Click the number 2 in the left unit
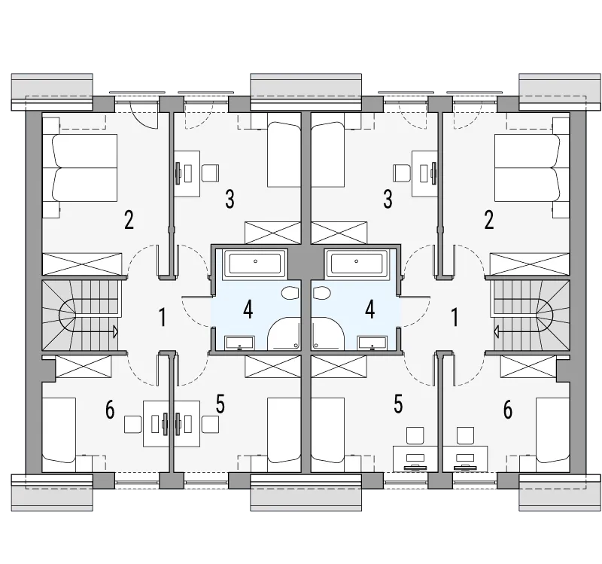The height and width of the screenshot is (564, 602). point(129,220)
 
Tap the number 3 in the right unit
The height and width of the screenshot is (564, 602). point(388,199)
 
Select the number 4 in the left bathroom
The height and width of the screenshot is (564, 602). point(248,309)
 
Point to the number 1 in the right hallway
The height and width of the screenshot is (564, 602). point(455,317)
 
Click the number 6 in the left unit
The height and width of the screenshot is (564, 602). point(110,410)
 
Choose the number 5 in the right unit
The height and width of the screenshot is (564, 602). point(398,404)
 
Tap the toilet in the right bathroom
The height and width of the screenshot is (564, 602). point(322,294)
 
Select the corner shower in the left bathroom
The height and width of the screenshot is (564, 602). point(284,334)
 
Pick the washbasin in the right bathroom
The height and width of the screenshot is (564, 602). point(372,343)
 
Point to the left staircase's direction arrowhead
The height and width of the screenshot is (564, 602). point(115,331)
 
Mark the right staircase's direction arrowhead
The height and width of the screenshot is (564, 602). point(497,331)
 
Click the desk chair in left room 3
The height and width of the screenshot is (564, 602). point(211,173)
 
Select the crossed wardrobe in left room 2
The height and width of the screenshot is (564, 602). point(81,264)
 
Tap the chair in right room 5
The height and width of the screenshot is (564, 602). point(415,435)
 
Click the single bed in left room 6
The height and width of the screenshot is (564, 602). point(59,430)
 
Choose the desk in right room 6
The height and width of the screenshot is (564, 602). point(465,459)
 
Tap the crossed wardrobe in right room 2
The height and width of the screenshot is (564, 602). point(530,264)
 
